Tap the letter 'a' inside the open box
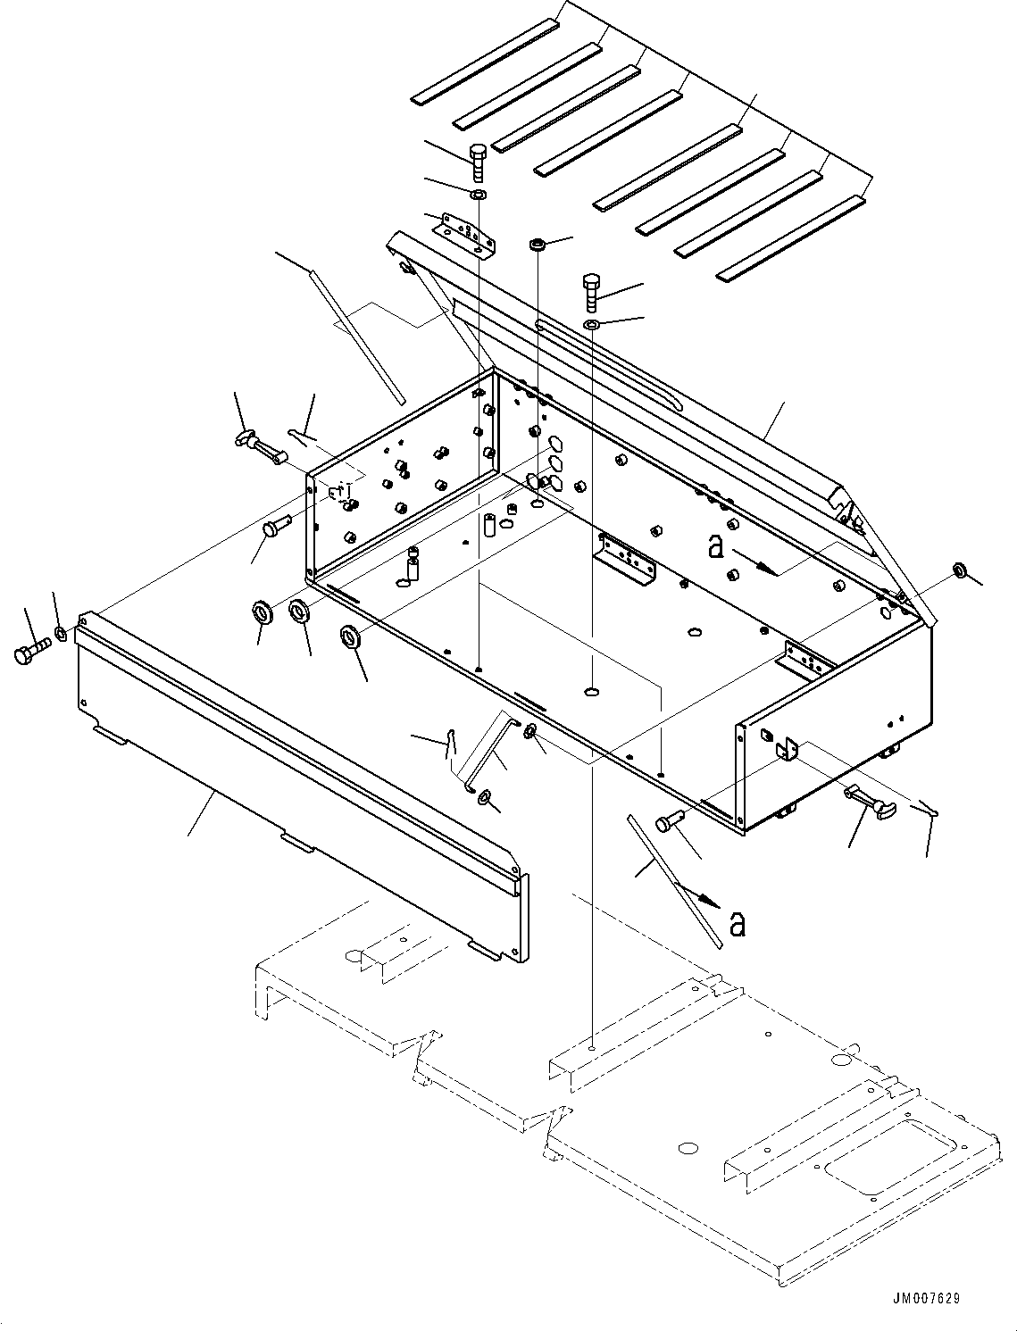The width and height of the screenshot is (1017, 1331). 715,546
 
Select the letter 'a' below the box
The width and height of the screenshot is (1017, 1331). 737,924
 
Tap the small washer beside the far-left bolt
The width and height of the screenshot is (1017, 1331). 61,634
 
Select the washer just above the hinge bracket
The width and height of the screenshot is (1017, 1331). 479,194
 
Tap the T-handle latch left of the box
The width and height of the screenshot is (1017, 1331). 258,444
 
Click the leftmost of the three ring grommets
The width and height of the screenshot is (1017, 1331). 263,612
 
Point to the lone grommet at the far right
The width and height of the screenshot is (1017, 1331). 960,570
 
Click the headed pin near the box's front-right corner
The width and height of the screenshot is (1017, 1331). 672,822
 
